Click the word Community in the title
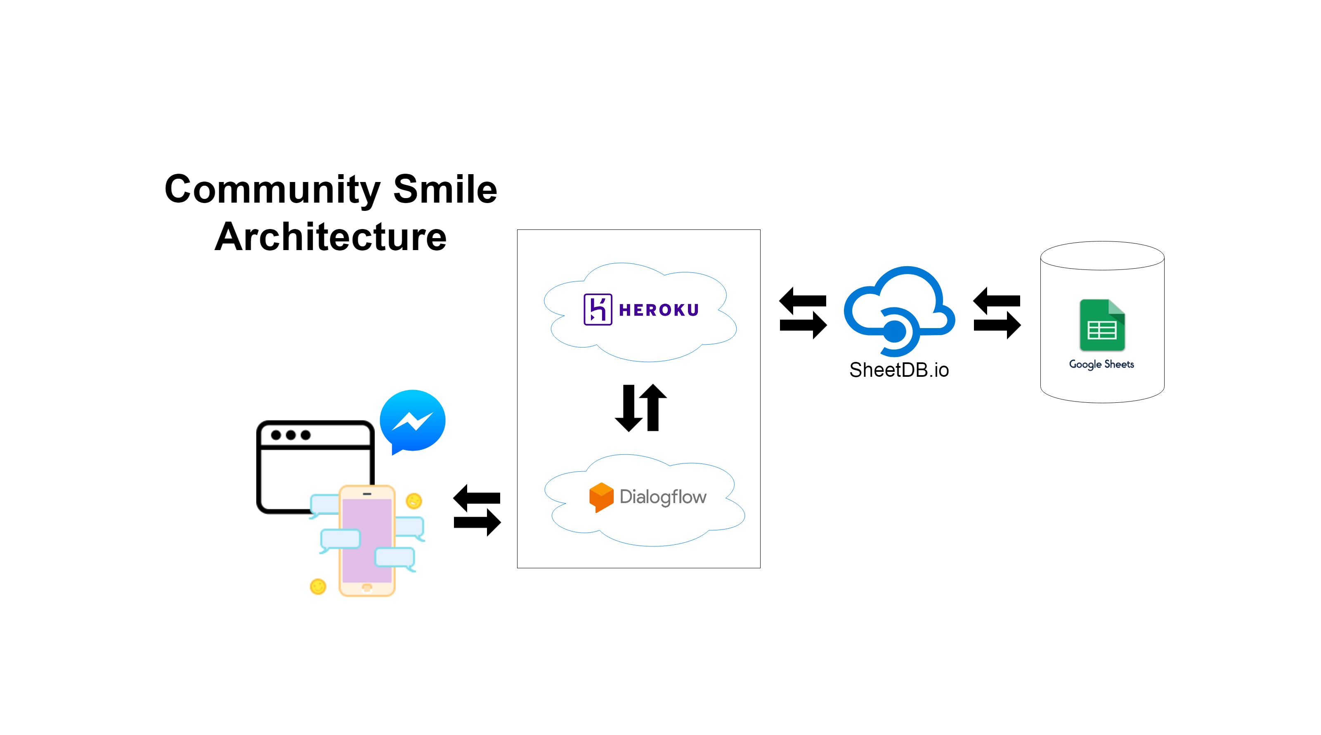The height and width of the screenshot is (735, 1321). coord(272,190)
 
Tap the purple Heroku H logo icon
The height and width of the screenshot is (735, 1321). coord(598,309)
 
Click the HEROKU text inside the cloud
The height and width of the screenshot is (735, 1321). coord(659,310)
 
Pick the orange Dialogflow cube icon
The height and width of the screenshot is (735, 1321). coord(601,496)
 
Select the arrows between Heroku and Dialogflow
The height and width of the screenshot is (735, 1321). coord(640,407)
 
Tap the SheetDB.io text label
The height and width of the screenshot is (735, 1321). coord(898,370)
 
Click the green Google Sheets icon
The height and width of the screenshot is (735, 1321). coord(1101,325)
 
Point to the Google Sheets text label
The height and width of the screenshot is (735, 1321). coord(1101,364)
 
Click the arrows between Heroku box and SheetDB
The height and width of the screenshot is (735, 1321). coord(803,313)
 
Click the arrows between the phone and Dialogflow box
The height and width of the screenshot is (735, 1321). coord(477,510)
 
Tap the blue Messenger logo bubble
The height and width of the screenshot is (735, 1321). coord(412,421)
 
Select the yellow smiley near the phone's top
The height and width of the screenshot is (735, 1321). coord(414,500)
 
